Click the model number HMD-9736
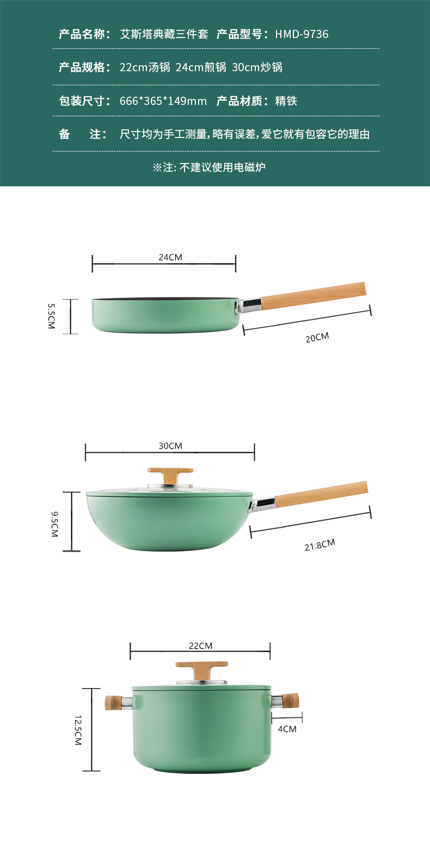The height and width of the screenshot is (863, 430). (302, 34)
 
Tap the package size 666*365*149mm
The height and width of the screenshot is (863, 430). (163, 101)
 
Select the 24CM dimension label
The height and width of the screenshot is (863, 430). (170, 257)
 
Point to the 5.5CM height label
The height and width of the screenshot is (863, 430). (51, 316)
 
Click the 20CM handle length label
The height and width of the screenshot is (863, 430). (317, 337)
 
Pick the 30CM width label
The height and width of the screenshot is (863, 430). (170, 446)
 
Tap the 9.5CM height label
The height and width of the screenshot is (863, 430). (54, 524)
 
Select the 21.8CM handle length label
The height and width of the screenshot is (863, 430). (320, 545)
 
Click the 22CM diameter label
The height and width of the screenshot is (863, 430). (200, 646)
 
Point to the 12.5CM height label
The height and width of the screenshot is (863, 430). (78, 730)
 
